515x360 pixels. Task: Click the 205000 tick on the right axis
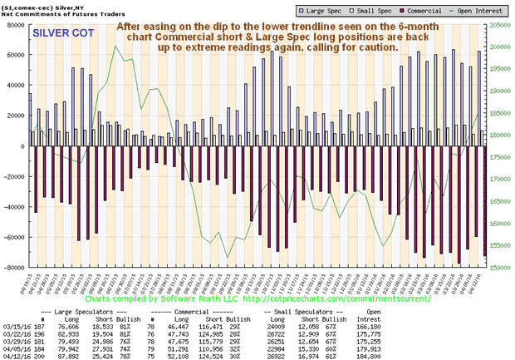(499, 25)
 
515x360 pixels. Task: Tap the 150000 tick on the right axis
(499, 268)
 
